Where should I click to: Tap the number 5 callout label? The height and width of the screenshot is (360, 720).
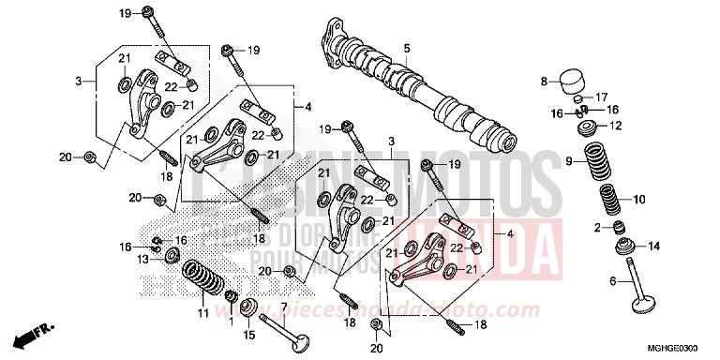point(407,48)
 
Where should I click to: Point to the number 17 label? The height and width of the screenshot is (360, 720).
point(602,97)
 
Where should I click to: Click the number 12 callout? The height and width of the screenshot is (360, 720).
point(615,125)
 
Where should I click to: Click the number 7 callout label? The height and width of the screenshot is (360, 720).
point(284,307)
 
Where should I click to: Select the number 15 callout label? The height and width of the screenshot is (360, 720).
point(249,335)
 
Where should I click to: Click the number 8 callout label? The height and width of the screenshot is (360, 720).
point(542,82)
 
